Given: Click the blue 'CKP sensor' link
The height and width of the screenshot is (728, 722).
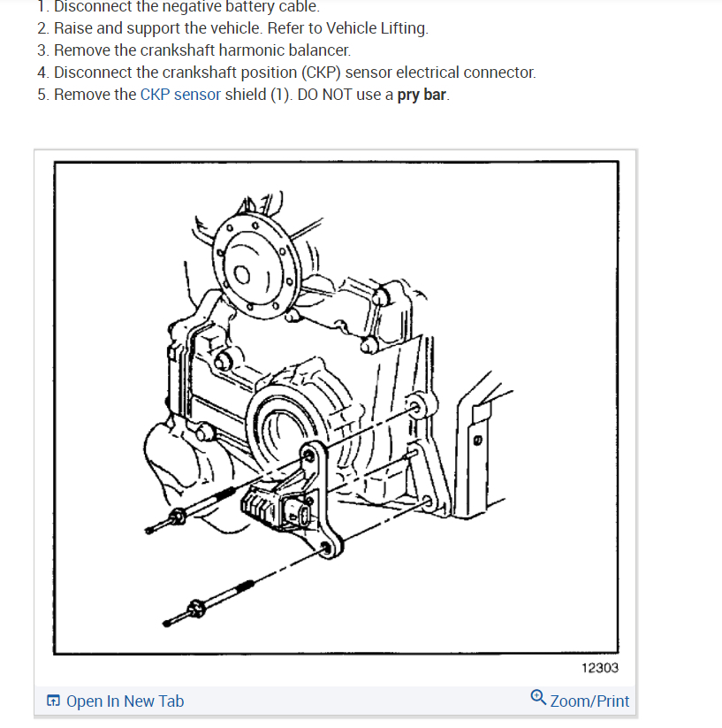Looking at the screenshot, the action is click(180, 95).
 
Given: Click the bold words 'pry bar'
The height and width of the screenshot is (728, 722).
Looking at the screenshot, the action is click(422, 95).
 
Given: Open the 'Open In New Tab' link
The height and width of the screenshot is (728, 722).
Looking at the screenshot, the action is click(125, 701).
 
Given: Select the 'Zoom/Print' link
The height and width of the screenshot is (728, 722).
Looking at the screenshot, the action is click(589, 701).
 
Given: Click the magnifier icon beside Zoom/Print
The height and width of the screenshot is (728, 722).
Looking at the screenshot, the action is click(538, 698).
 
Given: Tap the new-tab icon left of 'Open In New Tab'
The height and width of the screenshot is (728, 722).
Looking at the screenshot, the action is click(54, 701).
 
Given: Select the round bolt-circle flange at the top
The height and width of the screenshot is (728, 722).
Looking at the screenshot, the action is click(256, 261).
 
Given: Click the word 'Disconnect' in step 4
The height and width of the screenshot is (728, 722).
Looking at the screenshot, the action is click(92, 73).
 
